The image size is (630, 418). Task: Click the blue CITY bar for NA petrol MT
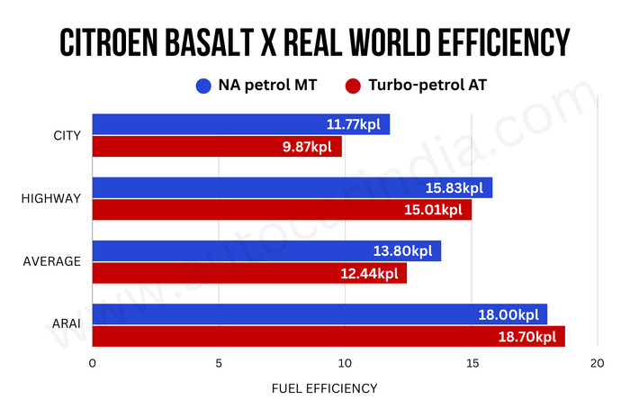tap(240, 124)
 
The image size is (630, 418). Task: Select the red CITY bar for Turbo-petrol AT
tap(216, 147)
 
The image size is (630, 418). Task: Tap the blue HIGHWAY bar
tap(292, 187)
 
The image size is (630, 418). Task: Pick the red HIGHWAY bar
tap(282, 210)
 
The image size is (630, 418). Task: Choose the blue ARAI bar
tap(319, 314)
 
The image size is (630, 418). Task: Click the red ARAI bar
tap(328, 337)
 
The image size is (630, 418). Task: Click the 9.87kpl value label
tap(310, 147)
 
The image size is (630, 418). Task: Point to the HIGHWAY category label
tap(50, 199)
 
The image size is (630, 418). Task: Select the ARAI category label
tap(66, 325)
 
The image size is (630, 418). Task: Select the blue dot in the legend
tap(202, 86)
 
